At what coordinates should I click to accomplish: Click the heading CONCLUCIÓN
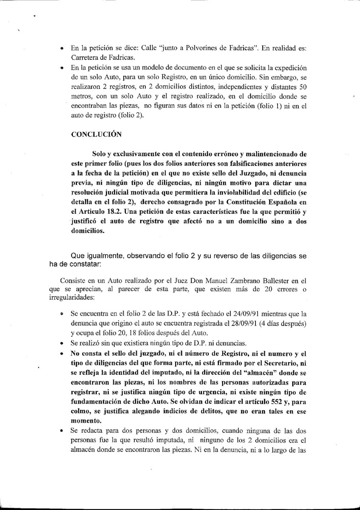pos(96,135)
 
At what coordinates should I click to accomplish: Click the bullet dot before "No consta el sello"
pos(63,354)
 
